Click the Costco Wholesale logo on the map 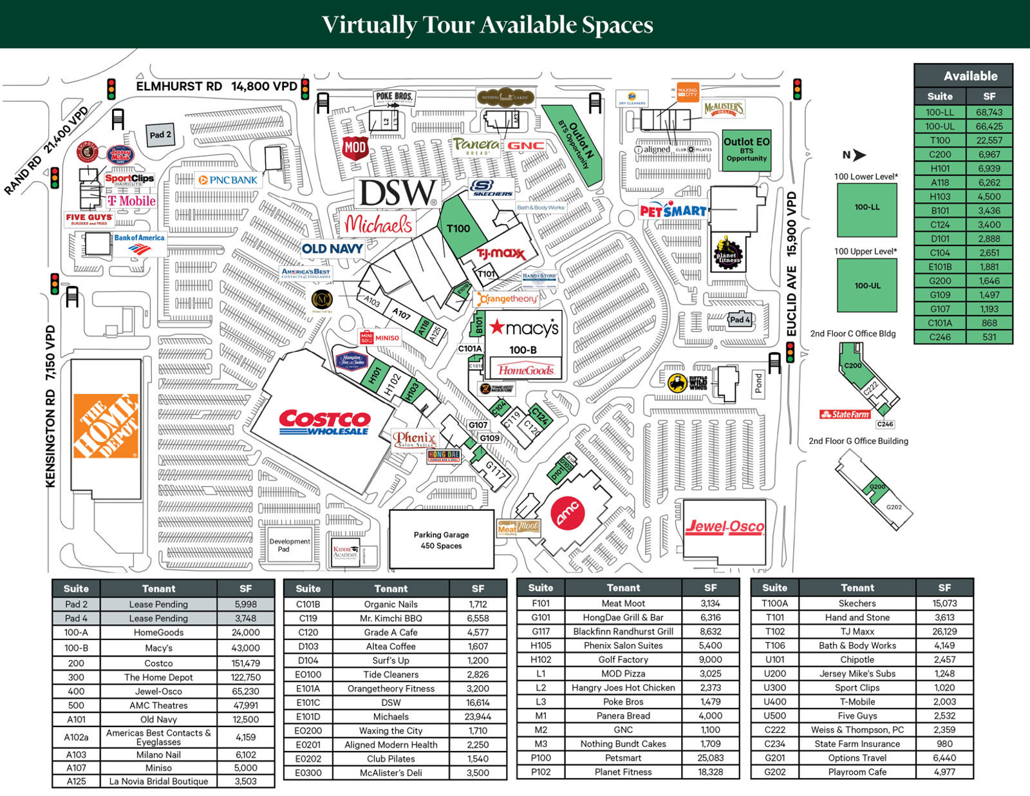[x=324, y=423]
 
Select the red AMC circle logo [x=568, y=514]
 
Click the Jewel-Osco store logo [x=724, y=527]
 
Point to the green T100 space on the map [x=458, y=228]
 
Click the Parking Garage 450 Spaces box [x=442, y=540]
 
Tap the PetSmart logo [x=673, y=211]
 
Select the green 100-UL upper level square [x=866, y=285]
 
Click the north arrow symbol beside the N [x=859, y=155]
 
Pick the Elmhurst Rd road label [x=179, y=86]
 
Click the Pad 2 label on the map [x=160, y=135]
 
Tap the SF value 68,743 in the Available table [x=989, y=112]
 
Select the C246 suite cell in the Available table [x=940, y=337]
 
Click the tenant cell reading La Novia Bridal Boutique [x=158, y=781]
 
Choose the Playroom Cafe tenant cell [x=857, y=772]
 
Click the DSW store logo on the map [x=397, y=193]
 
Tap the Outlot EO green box [x=746, y=149]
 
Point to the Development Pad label [x=289, y=545]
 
